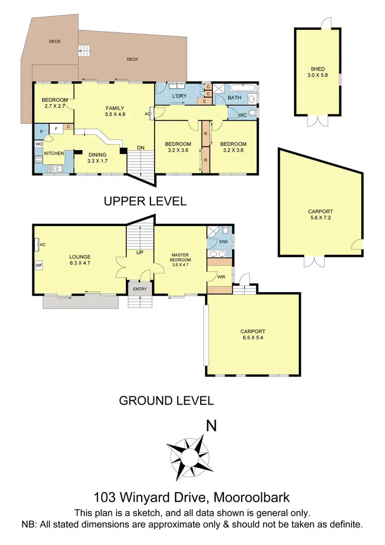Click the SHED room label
[317, 69]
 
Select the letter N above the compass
[210, 426]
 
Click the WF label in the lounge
[39, 265]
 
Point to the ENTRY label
[140, 289]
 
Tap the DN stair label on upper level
[141, 148]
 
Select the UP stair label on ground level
[140, 253]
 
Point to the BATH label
[234, 97]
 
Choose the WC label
[242, 115]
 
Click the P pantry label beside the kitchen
[40, 132]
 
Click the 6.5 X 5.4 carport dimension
[252, 338]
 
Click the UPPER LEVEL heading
[145, 201]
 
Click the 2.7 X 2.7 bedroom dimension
[55, 106]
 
